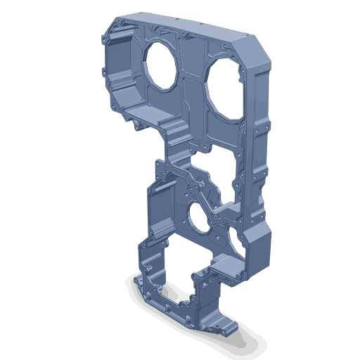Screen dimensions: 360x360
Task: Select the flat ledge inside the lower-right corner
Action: pyautogui.click(x=229, y=266)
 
